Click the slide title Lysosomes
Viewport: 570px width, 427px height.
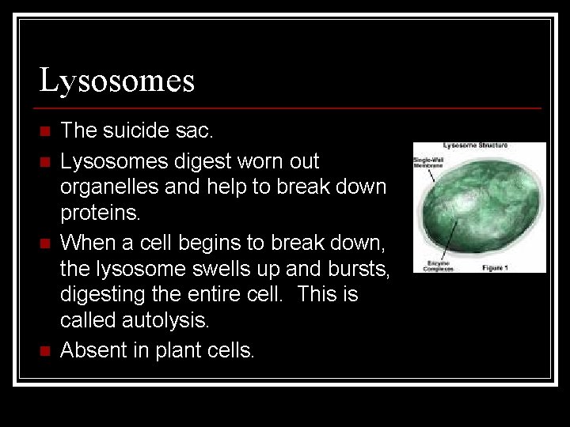tap(117, 81)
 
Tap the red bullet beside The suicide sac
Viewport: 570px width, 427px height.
tap(44, 130)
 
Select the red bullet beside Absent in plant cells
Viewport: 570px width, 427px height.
tap(44, 350)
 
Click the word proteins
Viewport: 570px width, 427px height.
tap(100, 213)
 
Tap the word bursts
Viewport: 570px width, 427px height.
tap(361, 268)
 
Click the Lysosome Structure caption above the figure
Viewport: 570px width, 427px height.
tap(475, 145)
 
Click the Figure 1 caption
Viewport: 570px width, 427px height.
tap(496, 268)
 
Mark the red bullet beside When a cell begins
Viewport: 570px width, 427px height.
tap(44, 241)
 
